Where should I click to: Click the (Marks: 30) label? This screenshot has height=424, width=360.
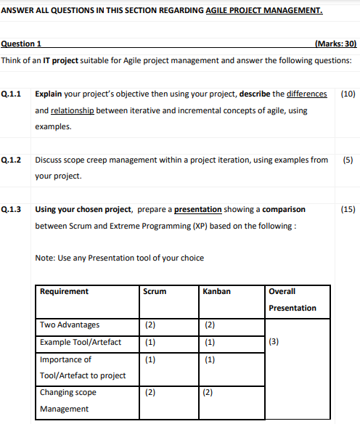tap(337, 44)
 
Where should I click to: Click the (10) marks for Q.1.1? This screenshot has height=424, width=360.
tap(348, 94)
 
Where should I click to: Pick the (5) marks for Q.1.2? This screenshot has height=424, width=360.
tap(348, 160)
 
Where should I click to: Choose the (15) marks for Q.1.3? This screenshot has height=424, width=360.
tap(348, 209)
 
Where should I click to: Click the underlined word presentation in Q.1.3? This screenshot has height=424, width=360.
tap(198, 209)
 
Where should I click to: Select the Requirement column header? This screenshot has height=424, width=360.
tap(65, 291)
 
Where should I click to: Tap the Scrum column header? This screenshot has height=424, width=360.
tap(155, 291)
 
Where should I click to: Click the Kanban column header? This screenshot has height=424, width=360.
tap(217, 291)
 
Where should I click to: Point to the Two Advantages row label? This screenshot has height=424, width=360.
tap(70, 325)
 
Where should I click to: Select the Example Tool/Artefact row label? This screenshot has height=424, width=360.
tap(81, 342)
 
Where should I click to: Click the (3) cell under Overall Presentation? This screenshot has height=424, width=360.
tap(274, 342)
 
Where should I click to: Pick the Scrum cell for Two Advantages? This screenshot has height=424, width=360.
tap(150, 325)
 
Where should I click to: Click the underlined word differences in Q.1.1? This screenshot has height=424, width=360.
tap(306, 94)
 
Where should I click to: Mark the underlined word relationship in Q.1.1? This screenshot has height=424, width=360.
tap(71, 110)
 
